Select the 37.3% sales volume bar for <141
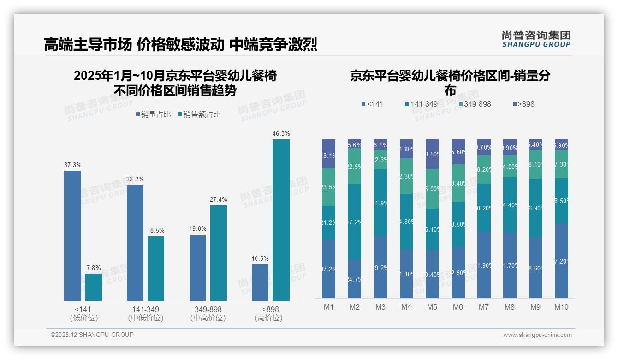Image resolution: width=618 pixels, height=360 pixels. pos(72,236)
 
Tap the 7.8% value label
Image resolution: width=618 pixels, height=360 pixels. pos(94,268)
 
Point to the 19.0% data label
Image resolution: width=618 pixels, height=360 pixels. pos(198,228)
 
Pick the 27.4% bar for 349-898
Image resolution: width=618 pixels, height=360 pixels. pos(219,253)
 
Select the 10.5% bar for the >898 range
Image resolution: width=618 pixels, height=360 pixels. pos(260,282)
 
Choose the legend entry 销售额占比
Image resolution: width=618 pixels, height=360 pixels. pos(199,114)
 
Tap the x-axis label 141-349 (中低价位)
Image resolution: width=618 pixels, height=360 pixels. pos(146,313)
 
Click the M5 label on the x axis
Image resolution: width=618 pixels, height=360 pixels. pos(432,307)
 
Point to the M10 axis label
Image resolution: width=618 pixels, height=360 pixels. pos(561,307)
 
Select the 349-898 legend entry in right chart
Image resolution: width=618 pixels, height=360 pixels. pos(474,104)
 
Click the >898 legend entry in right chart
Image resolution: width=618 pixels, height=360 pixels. pos(523,104)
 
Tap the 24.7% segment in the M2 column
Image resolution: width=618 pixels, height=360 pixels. pos(354,279)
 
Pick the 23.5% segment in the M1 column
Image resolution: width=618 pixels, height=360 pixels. pos(328,187)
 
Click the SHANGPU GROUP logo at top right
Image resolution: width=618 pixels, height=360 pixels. pos(536,39)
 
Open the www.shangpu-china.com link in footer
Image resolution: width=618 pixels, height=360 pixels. pos(537,335)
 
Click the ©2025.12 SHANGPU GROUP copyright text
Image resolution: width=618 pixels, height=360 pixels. pos(92,335)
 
